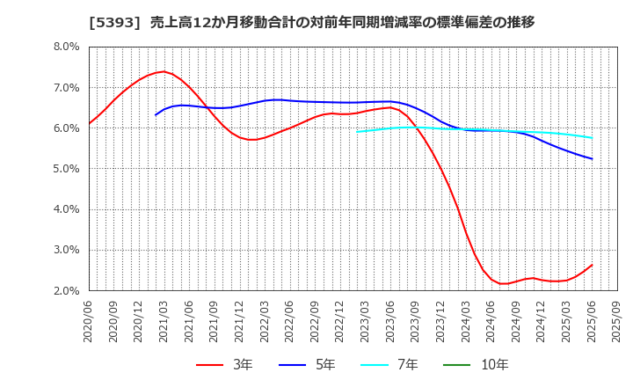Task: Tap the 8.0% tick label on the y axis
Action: coord(67,47)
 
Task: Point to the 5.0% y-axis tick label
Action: coord(67,169)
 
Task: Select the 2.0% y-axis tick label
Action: coord(67,290)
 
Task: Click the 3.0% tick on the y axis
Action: coord(67,250)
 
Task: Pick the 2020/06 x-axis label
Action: coord(89,322)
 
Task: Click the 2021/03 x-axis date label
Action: coord(164,322)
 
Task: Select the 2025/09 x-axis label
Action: coord(617,322)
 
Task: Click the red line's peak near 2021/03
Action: coord(164,71)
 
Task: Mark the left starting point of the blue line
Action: coord(156,115)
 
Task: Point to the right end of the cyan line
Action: coord(592,138)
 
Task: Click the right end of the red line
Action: coord(592,265)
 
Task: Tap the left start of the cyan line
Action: coord(357,132)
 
